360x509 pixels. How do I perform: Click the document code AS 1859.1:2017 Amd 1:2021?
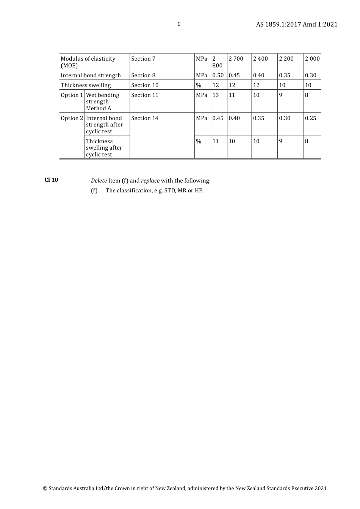coord(296,25)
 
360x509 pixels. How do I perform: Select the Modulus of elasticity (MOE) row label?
coord(88,62)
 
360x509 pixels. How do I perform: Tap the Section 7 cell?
coord(143,59)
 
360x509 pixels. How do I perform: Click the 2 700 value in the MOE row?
coord(236,59)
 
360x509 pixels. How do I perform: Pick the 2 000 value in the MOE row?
coord(312,59)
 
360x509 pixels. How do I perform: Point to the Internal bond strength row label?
coord(91,75)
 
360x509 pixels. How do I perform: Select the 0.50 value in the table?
coord(218,75)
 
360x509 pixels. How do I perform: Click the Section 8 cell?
coord(143,75)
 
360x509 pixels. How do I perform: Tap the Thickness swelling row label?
coord(86,85)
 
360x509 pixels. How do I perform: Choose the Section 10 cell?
coord(145,85)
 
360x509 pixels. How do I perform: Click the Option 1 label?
coord(72,95)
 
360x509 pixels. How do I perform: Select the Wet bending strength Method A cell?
coord(102,101)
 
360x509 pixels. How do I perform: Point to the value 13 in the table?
coord(216,95)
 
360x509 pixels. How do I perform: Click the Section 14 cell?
coord(145,118)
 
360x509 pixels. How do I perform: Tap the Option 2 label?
coord(72,118)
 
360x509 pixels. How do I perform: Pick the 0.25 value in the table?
coord(310,118)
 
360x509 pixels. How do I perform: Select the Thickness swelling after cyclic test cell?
coord(104,148)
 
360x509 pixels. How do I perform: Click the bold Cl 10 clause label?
coord(51,180)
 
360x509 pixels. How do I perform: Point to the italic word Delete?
coord(99,181)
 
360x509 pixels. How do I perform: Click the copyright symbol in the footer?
coord(45,489)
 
